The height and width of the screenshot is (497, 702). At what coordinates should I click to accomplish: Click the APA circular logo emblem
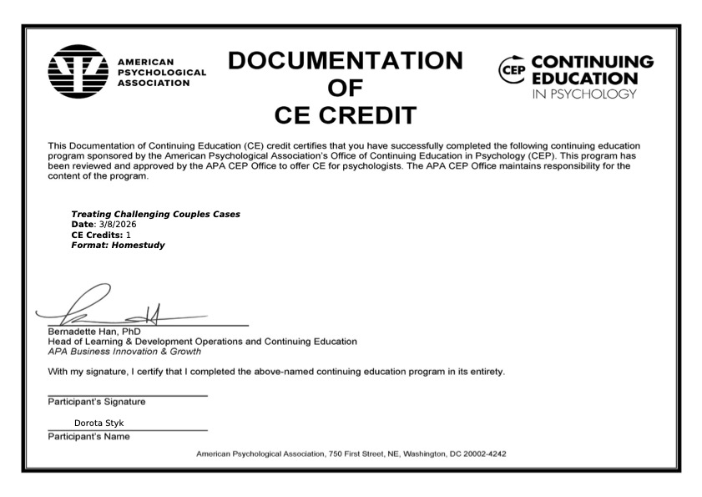[78, 73]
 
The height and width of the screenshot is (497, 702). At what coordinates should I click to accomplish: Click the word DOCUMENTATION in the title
[345, 61]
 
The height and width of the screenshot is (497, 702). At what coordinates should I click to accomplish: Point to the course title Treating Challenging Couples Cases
[156, 215]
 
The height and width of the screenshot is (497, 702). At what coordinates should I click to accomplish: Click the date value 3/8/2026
[118, 225]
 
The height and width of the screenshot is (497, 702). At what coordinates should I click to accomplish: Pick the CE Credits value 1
[128, 235]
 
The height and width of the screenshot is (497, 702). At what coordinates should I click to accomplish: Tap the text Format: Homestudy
[118, 246]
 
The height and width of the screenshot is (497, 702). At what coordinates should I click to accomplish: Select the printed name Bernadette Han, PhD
[94, 332]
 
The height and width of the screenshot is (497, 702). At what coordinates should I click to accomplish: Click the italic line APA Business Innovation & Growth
[124, 352]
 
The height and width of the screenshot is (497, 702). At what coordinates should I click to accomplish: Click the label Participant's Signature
[96, 402]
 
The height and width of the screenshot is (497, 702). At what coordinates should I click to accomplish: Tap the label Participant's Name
[88, 436]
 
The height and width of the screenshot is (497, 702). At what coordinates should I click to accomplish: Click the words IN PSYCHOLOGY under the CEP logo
[583, 94]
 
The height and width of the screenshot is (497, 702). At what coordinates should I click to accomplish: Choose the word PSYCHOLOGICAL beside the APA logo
[162, 73]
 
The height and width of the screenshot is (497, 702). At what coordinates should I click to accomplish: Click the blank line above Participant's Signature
[127, 395]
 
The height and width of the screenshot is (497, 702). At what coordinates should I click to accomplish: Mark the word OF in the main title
[345, 89]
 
